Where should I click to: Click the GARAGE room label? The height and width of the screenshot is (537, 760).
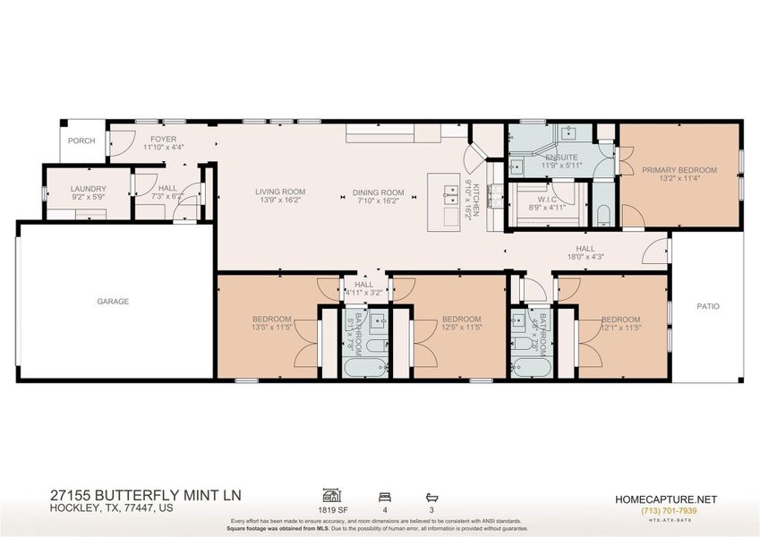(x=113, y=302)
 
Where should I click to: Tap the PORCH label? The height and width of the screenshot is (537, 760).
(x=81, y=141)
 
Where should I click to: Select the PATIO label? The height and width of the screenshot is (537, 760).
(x=708, y=306)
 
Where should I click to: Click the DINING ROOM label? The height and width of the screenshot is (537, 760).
(x=379, y=192)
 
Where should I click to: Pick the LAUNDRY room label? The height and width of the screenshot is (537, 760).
(x=89, y=189)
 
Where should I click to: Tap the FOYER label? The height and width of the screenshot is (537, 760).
(x=163, y=139)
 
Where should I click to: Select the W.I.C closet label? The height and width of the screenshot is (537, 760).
(x=548, y=199)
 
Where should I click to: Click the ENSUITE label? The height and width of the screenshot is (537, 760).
(x=560, y=157)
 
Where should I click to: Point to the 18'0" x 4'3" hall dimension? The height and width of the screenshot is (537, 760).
(x=585, y=259)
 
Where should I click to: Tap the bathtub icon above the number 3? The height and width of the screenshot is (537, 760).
(x=431, y=494)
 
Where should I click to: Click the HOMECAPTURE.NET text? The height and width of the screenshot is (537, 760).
(x=665, y=499)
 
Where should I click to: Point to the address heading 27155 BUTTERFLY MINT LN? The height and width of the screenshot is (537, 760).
(x=145, y=495)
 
